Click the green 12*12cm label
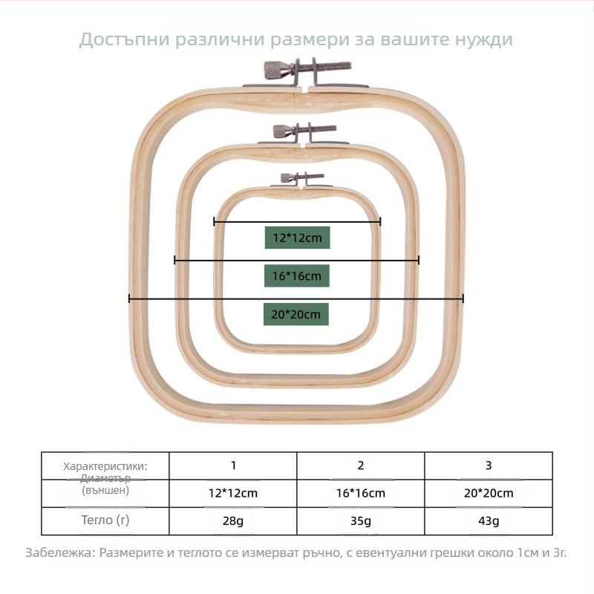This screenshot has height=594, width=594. click(x=297, y=238)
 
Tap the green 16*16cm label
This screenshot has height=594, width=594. click(x=296, y=276)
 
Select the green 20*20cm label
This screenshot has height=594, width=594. click(x=296, y=315)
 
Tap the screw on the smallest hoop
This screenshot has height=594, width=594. click(x=287, y=177)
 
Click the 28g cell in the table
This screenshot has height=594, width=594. click(x=233, y=520)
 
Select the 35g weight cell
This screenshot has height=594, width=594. click(x=361, y=520)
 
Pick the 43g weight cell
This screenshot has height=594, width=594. click(x=489, y=520)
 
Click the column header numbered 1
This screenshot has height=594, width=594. click(x=233, y=466)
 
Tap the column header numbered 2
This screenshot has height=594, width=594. click(x=361, y=466)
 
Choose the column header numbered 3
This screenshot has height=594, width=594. click(x=489, y=466)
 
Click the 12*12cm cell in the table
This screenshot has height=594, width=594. click(x=233, y=493)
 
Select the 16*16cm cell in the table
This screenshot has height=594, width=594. click(x=361, y=493)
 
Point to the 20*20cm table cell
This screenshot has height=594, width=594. click(x=489, y=493)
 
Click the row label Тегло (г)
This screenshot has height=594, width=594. click(x=105, y=520)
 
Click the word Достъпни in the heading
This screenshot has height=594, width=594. click(x=123, y=39)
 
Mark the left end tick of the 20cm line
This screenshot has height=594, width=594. click(x=129, y=298)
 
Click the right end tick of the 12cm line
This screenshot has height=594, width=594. click(x=380, y=221)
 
